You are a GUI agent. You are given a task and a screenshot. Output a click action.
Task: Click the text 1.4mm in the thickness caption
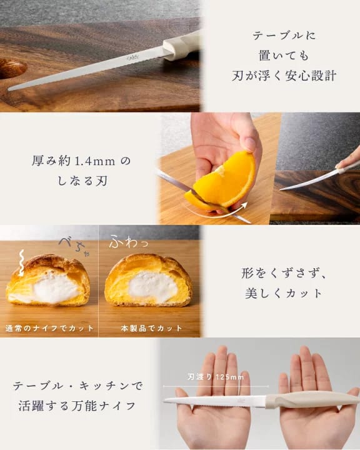pos(94,161)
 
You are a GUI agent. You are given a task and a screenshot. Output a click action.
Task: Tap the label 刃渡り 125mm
pos(215,377)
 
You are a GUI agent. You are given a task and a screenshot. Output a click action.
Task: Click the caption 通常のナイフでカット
pos(49,328)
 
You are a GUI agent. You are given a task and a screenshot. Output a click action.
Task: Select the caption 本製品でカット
pos(151,328)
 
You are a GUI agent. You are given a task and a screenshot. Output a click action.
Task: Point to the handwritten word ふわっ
pos(129,241)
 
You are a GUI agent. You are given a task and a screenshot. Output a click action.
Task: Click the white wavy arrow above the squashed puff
pos(21,263)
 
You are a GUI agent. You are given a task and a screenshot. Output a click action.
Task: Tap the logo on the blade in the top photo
pos(132,57)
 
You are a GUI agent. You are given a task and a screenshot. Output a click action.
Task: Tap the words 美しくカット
pos(284,293)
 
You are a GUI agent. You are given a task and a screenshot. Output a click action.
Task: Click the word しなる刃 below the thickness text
pos(82,181)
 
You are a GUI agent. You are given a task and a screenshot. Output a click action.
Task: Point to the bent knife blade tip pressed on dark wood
pos(282,189)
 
